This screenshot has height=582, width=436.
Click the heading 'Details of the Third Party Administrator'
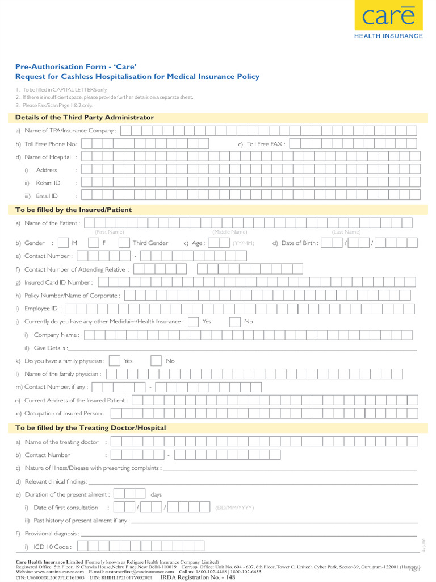(85, 118)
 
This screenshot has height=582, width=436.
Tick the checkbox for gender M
(64, 243)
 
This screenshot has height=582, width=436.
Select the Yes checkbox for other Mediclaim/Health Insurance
(193, 322)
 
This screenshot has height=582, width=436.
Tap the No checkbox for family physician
(156, 361)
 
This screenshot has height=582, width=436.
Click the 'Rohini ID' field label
(48, 183)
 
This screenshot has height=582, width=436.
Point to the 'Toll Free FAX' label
(266, 144)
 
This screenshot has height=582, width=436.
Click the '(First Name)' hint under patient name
(109, 232)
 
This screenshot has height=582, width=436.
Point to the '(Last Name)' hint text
(346, 232)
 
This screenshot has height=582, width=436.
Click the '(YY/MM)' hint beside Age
(243, 243)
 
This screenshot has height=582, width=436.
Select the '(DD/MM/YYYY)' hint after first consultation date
(234, 508)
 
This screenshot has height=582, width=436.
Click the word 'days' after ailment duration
(156, 494)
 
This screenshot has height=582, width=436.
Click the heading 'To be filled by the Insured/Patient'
(73, 210)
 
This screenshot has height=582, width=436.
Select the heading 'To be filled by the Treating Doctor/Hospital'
(91, 428)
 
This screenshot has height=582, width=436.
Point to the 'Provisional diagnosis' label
(51, 534)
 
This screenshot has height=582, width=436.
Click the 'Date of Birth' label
(299, 243)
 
